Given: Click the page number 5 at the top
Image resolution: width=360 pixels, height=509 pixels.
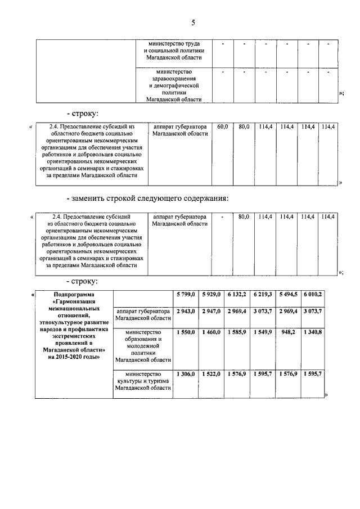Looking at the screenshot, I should tap(193, 23).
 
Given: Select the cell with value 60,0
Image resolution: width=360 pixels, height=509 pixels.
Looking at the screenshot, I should tap(222, 127).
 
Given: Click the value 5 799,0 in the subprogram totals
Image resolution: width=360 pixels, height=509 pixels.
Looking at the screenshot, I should tap(185, 294).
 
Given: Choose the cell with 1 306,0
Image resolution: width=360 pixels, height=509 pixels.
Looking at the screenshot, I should tap(185, 374).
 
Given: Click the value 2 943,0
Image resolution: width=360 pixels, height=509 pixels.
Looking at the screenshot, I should tap(185, 311).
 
